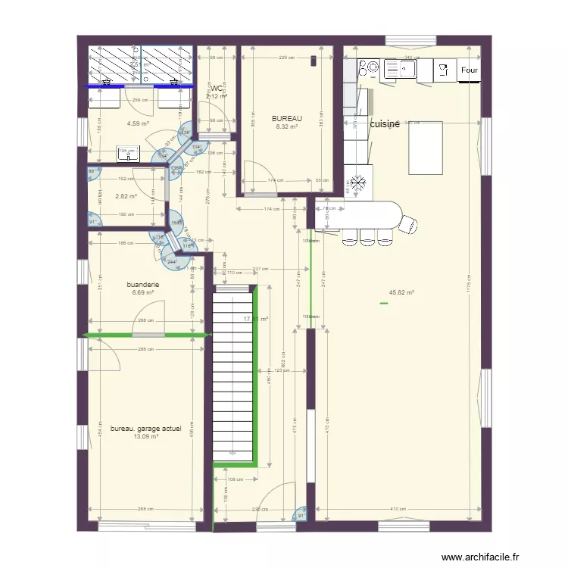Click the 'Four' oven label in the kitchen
point(469,71)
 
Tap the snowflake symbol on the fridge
point(356,183)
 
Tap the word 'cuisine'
point(385,124)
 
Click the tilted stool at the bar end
point(409,225)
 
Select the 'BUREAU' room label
point(287,119)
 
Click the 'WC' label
point(217,89)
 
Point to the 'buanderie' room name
point(143,285)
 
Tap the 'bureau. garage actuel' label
point(145,429)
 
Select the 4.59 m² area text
point(138,123)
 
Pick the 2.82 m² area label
point(126,196)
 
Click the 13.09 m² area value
point(145,436)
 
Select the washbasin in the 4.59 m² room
point(128,153)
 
